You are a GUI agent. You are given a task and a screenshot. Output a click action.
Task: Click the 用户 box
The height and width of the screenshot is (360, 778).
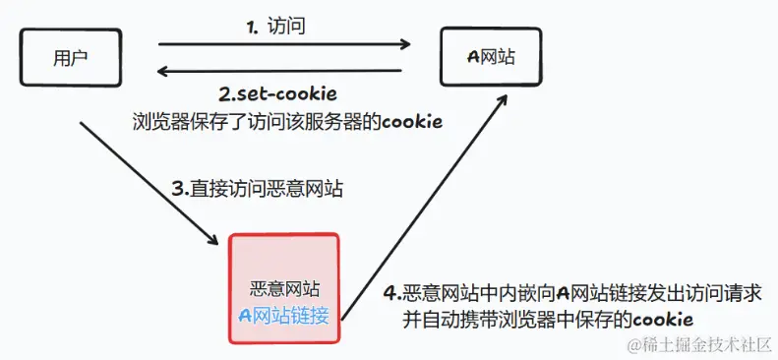[x=70, y=57]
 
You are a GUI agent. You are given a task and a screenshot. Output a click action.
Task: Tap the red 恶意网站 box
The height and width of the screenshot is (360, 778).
[x=284, y=288]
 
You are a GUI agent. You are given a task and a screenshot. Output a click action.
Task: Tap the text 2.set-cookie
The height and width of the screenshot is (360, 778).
[x=277, y=95]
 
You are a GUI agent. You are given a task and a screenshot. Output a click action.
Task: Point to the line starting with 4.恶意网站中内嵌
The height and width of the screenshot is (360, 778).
[x=579, y=293]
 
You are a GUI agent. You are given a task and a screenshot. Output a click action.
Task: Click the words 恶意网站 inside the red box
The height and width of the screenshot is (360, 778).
[x=284, y=290]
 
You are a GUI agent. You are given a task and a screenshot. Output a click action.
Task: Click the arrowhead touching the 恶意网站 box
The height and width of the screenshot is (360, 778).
[x=213, y=239]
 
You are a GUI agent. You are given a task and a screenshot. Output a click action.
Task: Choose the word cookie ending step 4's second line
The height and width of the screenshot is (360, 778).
[x=664, y=319]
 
